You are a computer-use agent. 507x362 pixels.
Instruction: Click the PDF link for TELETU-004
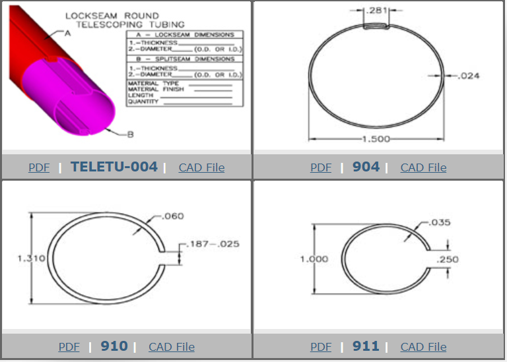point(39,167)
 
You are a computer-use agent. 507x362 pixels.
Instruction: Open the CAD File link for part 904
point(424,167)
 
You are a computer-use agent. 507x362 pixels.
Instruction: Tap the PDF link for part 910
point(69,347)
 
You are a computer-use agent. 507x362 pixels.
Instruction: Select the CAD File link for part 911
point(424,347)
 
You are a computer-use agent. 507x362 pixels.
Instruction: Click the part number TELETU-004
point(114,167)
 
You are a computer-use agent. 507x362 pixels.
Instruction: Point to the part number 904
point(366,167)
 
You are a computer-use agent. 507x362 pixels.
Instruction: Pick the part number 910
point(114,346)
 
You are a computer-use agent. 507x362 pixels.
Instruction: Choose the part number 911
point(366,346)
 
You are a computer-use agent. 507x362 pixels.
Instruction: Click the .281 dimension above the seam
point(376,11)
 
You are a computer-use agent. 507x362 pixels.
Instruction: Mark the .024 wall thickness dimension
point(469,76)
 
